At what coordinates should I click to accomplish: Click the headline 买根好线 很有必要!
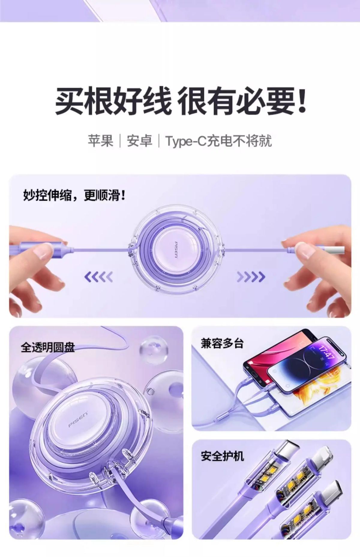[181, 101]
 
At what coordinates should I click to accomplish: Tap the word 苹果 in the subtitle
[100, 141]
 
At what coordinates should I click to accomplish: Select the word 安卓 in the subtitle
[139, 141]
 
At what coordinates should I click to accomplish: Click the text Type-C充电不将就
[218, 141]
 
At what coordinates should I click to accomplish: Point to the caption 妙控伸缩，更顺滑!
[75, 195]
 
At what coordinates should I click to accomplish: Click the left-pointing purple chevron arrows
[99, 277]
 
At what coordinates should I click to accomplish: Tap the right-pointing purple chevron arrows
[251, 277]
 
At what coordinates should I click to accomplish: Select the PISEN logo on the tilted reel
[78, 419]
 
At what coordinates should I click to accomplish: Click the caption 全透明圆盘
[48, 347]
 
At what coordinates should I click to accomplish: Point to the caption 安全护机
[222, 456]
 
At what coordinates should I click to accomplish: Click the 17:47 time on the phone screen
[326, 352]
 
